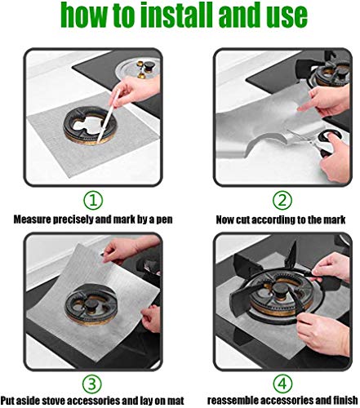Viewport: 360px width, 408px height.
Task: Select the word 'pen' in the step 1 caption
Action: [163, 220]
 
